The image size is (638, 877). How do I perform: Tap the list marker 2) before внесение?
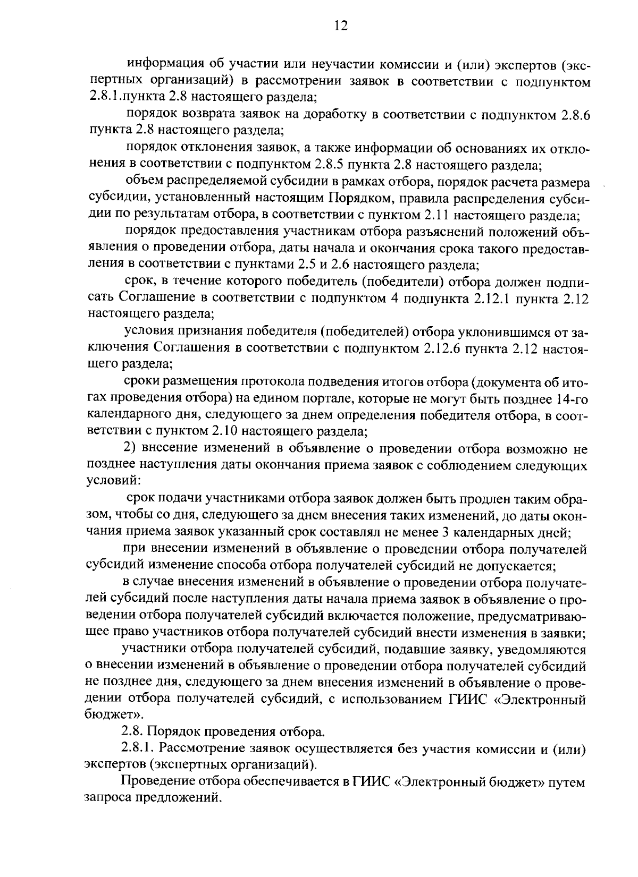pyautogui.click(x=130, y=449)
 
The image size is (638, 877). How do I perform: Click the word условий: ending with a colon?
pyautogui.click(x=113, y=482)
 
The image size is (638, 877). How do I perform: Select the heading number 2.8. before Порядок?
pyautogui.click(x=132, y=732)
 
